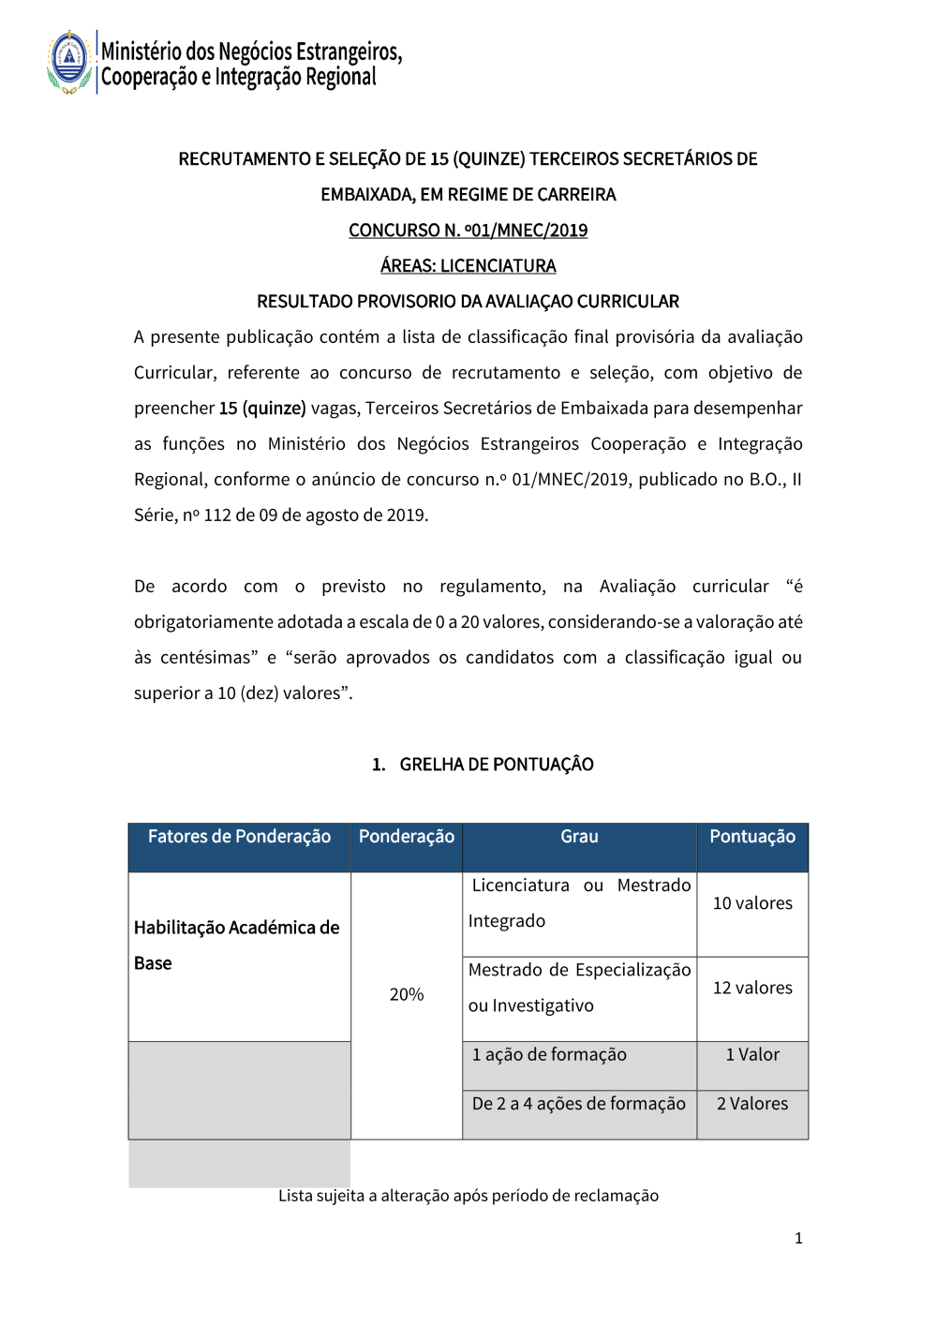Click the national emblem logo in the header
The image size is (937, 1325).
pyautogui.click(x=69, y=62)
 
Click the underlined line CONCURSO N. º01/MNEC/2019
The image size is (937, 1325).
pyautogui.click(x=468, y=231)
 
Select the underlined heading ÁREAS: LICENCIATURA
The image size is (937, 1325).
pyautogui.click(x=468, y=266)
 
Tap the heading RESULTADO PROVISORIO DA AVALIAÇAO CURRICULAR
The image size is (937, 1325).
pyautogui.click(x=468, y=302)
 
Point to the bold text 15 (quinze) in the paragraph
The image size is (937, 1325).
pyautogui.click(x=262, y=409)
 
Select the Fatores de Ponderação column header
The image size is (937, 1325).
pyautogui.click(x=239, y=837)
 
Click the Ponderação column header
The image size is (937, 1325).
pyautogui.click(x=407, y=837)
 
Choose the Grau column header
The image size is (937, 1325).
pyautogui.click(x=579, y=837)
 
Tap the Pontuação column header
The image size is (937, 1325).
pyautogui.click(x=752, y=837)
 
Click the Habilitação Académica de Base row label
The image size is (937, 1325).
pyautogui.click(x=236, y=945)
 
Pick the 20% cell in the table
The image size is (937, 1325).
pyautogui.click(x=407, y=994)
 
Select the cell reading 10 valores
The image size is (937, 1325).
pyautogui.click(x=752, y=903)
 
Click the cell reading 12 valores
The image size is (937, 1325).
pyautogui.click(x=752, y=988)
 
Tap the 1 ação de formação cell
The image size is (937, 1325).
pyautogui.click(x=549, y=1055)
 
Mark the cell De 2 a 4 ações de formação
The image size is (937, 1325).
pyautogui.click(x=579, y=1104)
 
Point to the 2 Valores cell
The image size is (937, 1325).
pyautogui.click(x=752, y=1104)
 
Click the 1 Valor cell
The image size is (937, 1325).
pyautogui.click(x=752, y=1055)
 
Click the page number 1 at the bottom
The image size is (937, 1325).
pyautogui.click(x=798, y=1239)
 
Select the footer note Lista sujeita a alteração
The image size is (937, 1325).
pyautogui.click(x=468, y=1196)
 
